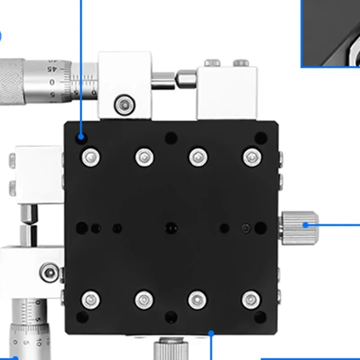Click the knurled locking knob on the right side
(299, 225)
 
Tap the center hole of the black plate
(170, 228)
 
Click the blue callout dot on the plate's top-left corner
(81, 136)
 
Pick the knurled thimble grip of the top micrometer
(11, 81)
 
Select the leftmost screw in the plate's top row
(91, 157)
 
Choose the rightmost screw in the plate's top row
(252, 157)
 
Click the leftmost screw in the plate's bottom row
(91, 299)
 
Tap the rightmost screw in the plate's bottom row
(252, 299)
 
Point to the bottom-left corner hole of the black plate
(82, 317)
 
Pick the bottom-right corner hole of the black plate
(260, 317)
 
